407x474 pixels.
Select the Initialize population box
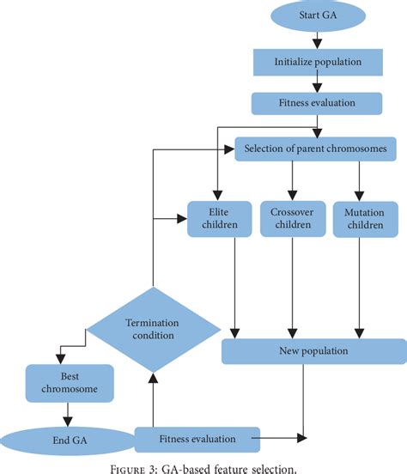pyautogui.click(x=319, y=61)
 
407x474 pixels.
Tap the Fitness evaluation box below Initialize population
pyautogui.click(x=319, y=104)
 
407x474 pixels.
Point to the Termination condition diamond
pyautogui.click(x=154, y=329)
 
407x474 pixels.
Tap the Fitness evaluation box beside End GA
pyautogui.click(x=197, y=439)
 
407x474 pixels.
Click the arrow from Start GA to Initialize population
pyautogui.click(x=319, y=39)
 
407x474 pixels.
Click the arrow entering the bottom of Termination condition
pyautogui.click(x=154, y=399)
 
